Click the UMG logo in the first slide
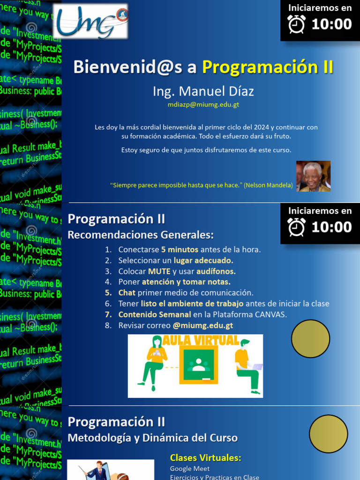pyautogui.click(x=90, y=22)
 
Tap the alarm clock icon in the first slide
pyautogui.click(x=297, y=24)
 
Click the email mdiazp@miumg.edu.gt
pyautogui.click(x=203, y=105)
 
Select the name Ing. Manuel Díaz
pyautogui.click(x=203, y=91)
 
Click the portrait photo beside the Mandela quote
pyautogui.click(x=313, y=176)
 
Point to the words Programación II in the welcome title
pyautogui.click(x=268, y=67)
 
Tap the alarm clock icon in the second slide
pyautogui.click(x=297, y=227)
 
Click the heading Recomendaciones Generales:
pyautogui.click(x=141, y=235)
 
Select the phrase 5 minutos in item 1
pyautogui.click(x=180, y=249)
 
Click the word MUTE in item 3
pyautogui.click(x=159, y=271)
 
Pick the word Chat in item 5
pyautogui.click(x=127, y=292)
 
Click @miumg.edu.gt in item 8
pyautogui.click(x=202, y=325)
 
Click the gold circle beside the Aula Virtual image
pyautogui.click(x=310, y=338)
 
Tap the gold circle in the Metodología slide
pyautogui.click(x=328, y=434)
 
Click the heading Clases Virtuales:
pyautogui.click(x=205, y=458)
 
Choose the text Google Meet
pyautogui.click(x=190, y=469)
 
